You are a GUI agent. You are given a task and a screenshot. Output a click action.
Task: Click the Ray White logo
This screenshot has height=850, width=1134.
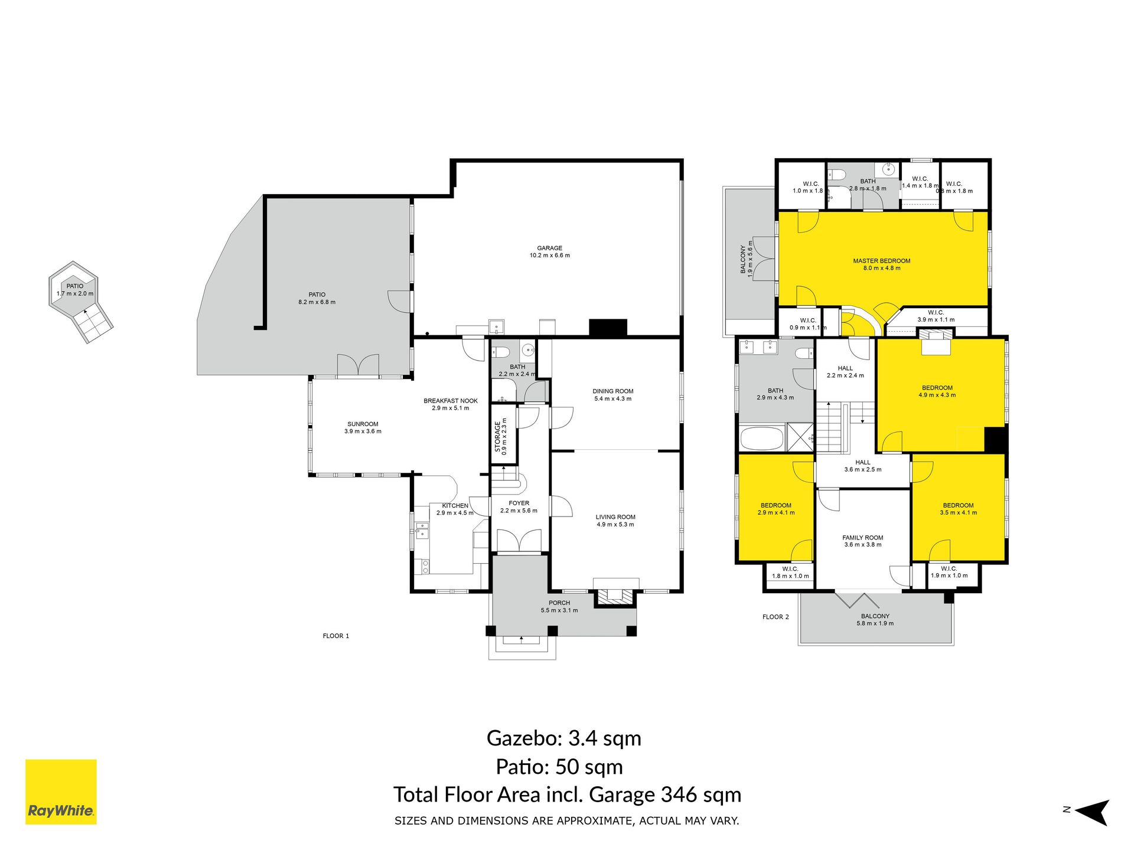(x=61, y=792)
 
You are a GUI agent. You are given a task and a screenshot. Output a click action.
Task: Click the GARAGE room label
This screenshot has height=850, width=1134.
(x=550, y=248)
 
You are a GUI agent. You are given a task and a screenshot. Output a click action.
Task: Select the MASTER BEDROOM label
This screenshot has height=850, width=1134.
(x=881, y=260)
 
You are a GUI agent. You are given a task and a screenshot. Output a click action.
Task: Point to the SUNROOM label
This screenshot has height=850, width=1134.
(x=363, y=424)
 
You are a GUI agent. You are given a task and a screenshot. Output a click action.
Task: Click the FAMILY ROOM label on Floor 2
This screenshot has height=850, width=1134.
(x=863, y=538)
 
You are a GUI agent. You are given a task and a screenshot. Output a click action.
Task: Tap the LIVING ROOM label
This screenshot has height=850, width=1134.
(x=615, y=517)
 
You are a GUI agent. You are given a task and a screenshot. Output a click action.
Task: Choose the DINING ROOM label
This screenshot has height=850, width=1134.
(x=613, y=391)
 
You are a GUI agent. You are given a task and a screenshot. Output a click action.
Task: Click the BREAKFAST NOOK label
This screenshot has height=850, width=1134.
(x=451, y=401)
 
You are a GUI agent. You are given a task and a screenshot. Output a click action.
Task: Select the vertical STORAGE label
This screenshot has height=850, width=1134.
(x=497, y=436)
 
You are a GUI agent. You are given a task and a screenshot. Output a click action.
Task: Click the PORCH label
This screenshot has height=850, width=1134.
(x=559, y=603)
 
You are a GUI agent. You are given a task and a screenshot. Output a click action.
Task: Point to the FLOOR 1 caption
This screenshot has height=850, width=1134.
(x=336, y=636)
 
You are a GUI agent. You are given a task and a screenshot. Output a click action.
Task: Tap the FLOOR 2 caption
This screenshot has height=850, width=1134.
(x=775, y=617)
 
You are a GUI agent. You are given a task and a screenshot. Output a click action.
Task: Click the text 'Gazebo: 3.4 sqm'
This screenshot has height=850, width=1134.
(x=564, y=738)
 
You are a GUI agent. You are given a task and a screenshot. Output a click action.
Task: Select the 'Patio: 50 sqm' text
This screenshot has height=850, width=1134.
(x=559, y=767)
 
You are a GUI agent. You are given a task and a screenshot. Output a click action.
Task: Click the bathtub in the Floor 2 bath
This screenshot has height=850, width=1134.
(x=762, y=439)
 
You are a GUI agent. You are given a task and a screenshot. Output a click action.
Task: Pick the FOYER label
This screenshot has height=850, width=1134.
(x=519, y=504)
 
